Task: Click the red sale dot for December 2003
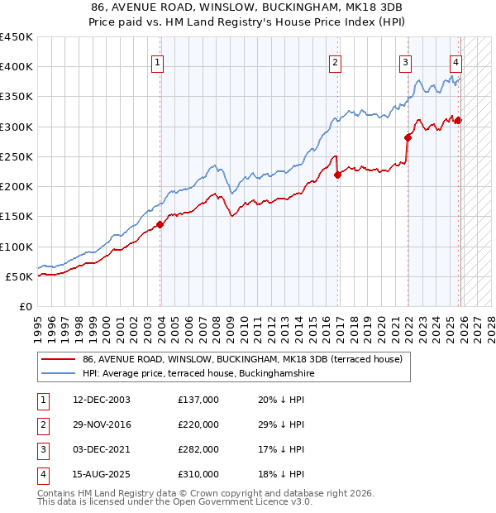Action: point(160,224)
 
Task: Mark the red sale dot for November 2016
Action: point(338,175)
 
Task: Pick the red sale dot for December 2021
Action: point(408,137)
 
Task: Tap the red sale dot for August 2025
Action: point(458,121)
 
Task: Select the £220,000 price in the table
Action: point(198,424)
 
